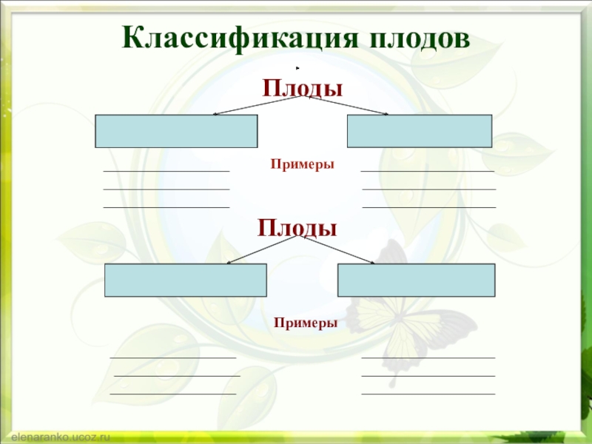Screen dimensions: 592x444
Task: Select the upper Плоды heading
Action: pyautogui.click(x=303, y=89)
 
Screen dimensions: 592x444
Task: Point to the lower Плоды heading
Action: pyautogui.click(x=297, y=226)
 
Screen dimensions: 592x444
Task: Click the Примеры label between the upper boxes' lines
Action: pyautogui.click(x=302, y=164)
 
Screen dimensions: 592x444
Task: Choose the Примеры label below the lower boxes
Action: pyautogui.click(x=305, y=323)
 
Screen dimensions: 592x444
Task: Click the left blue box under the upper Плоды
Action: pyautogui.click(x=176, y=131)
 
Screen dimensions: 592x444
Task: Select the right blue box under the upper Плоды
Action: pyautogui.click(x=419, y=131)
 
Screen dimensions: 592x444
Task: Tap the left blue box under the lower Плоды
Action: pyautogui.click(x=185, y=280)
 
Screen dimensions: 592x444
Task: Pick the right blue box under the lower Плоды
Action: pyautogui.click(x=416, y=280)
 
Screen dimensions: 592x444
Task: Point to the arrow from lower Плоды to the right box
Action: pyautogui.click(x=337, y=250)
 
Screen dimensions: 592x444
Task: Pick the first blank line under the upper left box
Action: pyautogui.click(x=166, y=172)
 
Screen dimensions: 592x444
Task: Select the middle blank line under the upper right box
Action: pyautogui.click(x=428, y=189)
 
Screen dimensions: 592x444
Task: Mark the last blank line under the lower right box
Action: pyautogui.click(x=428, y=394)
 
